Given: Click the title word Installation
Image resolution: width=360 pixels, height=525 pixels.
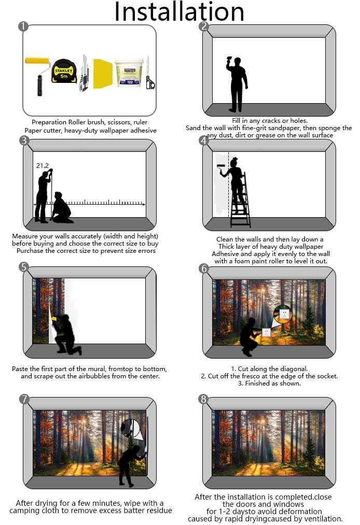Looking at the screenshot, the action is pos(179,12).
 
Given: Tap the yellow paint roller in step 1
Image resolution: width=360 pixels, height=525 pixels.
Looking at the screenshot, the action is pos(37,75).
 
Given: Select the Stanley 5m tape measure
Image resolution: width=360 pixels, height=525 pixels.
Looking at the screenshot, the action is pos(64,71).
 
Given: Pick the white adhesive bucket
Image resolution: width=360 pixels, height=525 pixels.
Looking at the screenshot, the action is pos(129,73).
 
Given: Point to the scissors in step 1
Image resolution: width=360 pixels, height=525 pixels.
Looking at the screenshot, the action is pos(149,73).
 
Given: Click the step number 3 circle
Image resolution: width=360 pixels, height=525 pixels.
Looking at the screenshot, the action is pos(24,140).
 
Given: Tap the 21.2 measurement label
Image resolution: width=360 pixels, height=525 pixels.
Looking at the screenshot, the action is pos(43,165).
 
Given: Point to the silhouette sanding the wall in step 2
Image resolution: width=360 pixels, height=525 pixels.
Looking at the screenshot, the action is pos(237,84).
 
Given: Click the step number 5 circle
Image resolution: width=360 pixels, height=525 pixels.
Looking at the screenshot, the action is pos(24,267).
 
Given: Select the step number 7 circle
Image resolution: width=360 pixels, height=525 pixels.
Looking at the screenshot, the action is pos(24,399).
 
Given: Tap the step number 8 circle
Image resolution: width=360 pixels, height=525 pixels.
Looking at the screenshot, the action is pos(203,399).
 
